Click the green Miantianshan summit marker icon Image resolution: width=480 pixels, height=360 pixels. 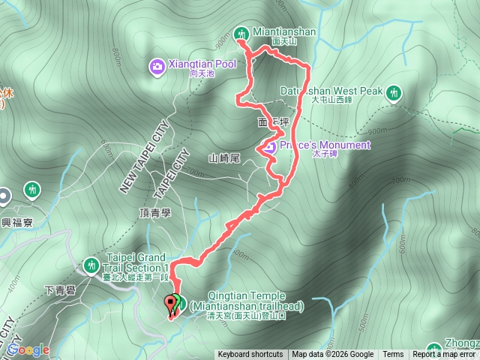click(x=241, y=33)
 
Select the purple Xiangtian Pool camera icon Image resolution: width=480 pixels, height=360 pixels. click(x=157, y=66)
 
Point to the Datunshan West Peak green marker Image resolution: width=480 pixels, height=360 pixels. click(x=394, y=92)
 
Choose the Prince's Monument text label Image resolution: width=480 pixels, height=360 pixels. click(x=325, y=145)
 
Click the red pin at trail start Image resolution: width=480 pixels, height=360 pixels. click(x=170, y=304)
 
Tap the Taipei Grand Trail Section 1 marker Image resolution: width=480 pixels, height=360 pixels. click(x=91, y=265)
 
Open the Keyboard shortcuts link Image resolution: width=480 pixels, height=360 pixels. click(x=250, y=355)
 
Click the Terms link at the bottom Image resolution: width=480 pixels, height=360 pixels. click(x=393, y=355)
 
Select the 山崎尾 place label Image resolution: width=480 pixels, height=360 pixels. click(x=223, y=158)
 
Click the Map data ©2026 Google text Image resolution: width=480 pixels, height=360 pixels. click(x=333, y=355)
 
